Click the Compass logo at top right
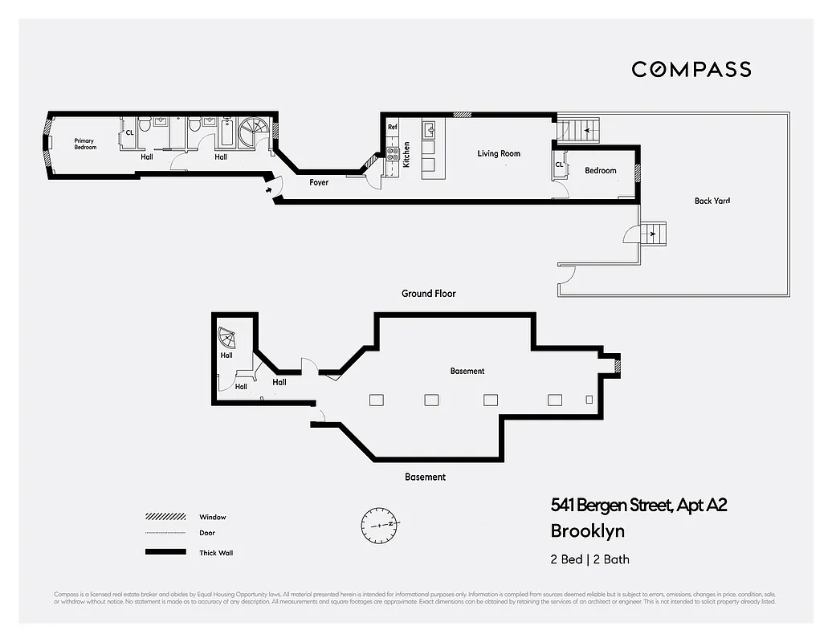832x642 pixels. point(691,69)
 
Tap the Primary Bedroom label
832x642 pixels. point(85,144)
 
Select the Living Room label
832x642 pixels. point(499,153)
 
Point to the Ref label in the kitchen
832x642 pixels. point(393,128)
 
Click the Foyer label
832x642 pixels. point(319,182)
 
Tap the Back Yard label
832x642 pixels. point(712,201)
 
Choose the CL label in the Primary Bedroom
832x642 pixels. point(129,133)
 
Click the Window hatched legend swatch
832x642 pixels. point(160,517)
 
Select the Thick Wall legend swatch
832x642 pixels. point(160,552)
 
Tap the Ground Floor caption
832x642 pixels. point(428,294)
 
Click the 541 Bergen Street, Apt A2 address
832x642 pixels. point(638,505)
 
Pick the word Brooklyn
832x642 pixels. point(587,530)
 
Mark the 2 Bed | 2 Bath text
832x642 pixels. point(584,559)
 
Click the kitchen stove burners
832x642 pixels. point(394,152)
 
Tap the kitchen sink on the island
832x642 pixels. point(428,129)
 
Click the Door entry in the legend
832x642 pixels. point(160,533)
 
